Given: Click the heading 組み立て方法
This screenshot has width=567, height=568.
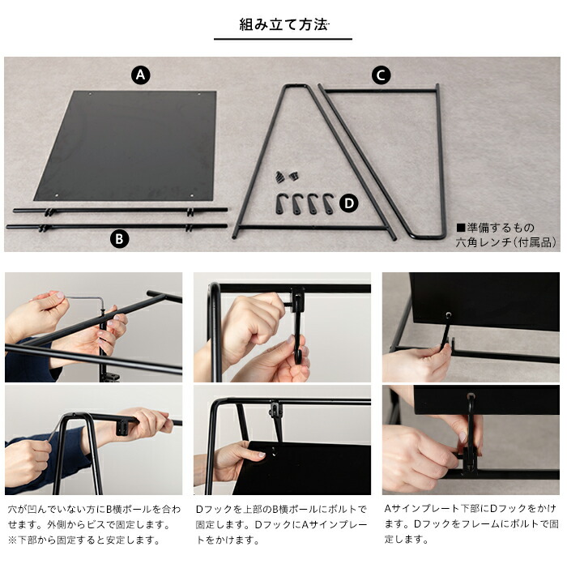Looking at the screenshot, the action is tap(283, 24).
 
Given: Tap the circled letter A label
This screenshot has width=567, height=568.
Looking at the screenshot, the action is tap(140, 75).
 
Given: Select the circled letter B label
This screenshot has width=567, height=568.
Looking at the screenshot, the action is tap(119, 239).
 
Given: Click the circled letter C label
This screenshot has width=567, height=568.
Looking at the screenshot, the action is tap(382, 75).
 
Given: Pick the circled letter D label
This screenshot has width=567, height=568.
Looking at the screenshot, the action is tap(349, 203).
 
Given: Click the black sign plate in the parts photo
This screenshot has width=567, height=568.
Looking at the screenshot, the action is tap(125, 146).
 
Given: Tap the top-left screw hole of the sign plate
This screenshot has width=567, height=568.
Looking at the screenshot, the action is tap(91, 94).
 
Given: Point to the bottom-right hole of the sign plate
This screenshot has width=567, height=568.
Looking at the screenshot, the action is tap(192, 195).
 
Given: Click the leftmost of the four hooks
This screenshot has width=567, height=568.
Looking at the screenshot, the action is tap(280, 204).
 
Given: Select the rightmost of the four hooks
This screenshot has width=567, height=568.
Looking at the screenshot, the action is tap(328, 204).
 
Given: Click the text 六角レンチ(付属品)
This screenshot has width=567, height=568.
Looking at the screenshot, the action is tap(505, 242).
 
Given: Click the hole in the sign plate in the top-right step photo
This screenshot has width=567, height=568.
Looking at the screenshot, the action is tap(449, 314).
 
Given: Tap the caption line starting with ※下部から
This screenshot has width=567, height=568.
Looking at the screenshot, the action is tap(84, 540).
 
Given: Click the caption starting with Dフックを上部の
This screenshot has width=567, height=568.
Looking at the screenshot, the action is tap(282, 525).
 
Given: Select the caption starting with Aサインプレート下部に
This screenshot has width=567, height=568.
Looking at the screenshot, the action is tap(471, 524).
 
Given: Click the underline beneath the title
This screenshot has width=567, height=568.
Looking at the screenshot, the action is tap(283, 39).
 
